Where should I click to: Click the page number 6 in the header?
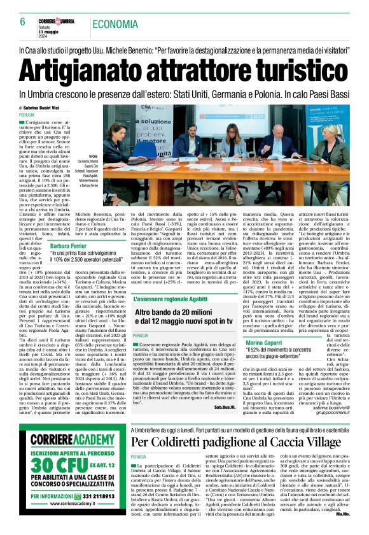point(22,21)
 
